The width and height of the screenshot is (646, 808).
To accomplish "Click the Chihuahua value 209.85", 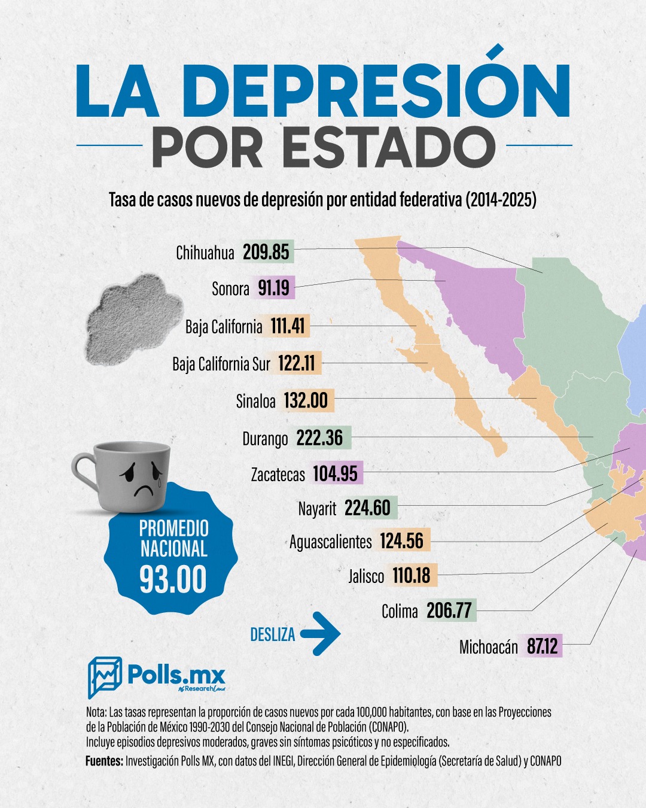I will (266, 252).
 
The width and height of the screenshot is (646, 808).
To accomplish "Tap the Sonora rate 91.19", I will (274, 288).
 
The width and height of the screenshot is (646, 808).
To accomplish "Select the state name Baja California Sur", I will (221, 364).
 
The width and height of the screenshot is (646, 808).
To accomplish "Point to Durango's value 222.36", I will (320, 438).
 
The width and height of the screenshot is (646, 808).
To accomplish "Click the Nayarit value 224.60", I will (367, 508).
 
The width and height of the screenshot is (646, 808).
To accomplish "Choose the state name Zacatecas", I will (278, 475).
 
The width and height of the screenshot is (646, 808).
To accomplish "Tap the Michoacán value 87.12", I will (542, 646).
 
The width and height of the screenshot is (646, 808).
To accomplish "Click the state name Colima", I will (400, 611).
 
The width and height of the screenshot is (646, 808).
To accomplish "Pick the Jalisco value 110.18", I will (412, 576).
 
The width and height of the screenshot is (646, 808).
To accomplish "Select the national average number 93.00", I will (173, 579).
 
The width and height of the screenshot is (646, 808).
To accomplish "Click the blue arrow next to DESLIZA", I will (321, 633).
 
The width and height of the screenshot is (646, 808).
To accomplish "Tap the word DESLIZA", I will (273, 634).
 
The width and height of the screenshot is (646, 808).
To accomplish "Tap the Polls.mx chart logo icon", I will (105, 677).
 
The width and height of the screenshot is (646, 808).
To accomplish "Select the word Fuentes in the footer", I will (104, 761).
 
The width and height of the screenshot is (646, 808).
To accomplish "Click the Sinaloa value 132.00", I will (306, 400).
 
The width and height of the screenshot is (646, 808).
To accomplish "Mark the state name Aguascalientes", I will (330, 542).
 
